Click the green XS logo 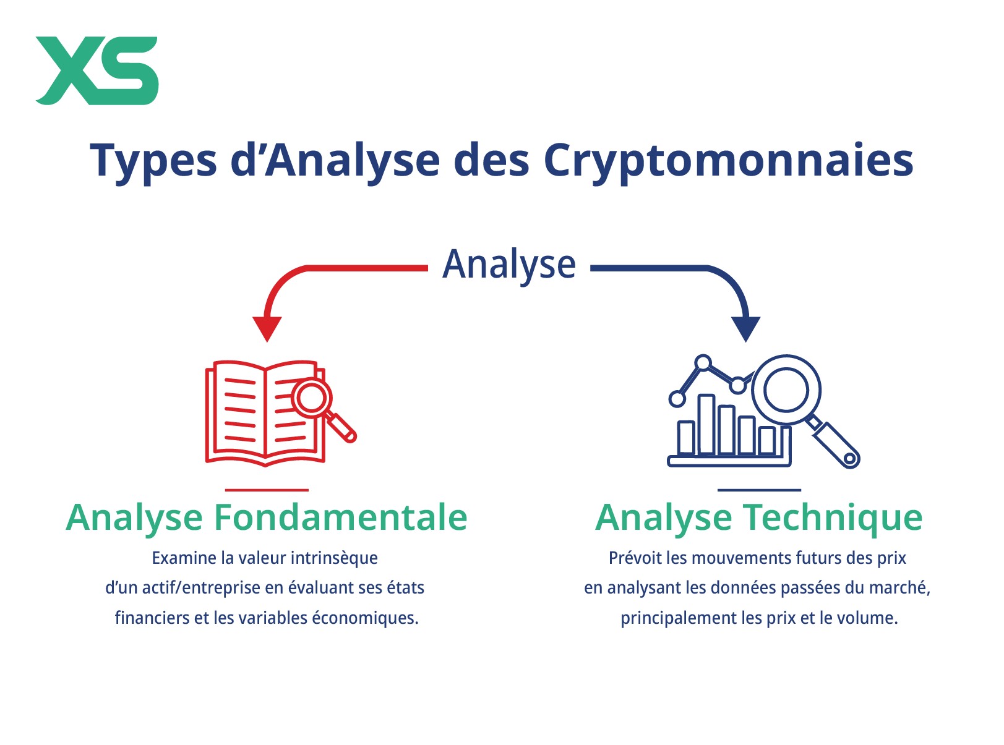click(97, 70)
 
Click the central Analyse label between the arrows click(508, 266)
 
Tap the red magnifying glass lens click(311, 398)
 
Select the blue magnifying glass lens click(786, 390)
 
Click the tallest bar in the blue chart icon click(706, 424)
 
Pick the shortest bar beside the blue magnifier click(767, 440)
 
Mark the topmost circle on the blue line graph click(703, 363)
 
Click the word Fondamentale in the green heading click(340, 517)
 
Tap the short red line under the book click(267, 490)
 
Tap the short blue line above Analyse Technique click(759, 490)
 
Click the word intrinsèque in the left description click(334, 558)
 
